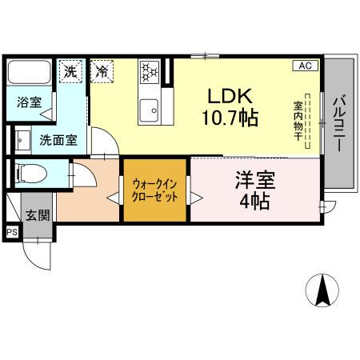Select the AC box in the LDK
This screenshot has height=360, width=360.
point(306,66)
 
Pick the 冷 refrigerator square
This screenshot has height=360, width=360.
point(102,70)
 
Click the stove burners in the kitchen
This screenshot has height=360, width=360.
point(149,72)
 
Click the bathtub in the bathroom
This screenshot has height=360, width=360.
point(30,75)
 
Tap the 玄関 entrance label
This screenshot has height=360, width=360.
point(37,214)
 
